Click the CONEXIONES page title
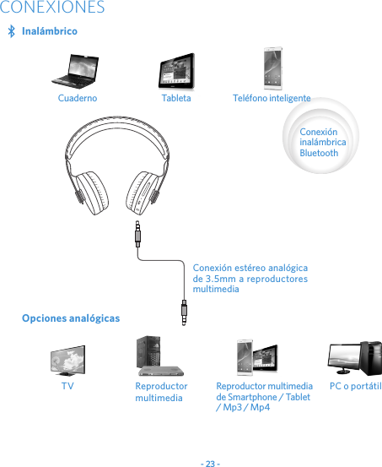point(52,8)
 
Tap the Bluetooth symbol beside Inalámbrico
point(11,31)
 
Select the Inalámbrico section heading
point(49,31)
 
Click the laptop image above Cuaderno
point(76,71)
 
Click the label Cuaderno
point(77,98)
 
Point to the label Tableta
point(176,98)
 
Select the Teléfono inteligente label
point(272,98)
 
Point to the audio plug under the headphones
point(137,232)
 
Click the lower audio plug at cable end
point(185,312)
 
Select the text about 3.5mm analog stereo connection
point(250,278)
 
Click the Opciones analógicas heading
point(71,318)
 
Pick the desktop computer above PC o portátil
point(355,358)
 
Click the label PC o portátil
point(355,386)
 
